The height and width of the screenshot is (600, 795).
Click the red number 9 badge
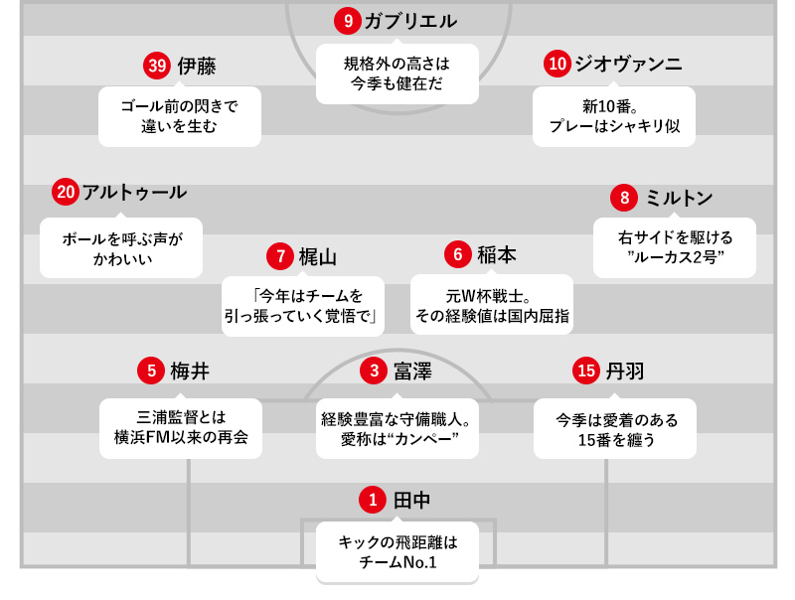pos(347,21)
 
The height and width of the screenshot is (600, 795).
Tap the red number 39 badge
pos(157,67)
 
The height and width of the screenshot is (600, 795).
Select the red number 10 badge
pos(557,64)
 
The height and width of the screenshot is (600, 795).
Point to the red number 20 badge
pos(66,193)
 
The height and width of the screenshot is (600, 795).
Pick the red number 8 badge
pos(624,198)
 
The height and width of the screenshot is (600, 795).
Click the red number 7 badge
pos(280,256)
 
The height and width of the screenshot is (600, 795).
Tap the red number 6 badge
pos(458,254)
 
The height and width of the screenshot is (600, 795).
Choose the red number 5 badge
pos(151,371)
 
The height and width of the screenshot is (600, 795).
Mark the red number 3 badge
pos(374,371)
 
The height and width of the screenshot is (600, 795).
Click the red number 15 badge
pos(586,371)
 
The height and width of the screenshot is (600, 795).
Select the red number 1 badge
pos(374,500)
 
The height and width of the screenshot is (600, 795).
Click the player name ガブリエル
pos(410,21)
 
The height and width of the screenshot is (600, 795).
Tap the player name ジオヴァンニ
pos(628,64)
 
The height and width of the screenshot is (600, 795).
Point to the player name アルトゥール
pos(134,193)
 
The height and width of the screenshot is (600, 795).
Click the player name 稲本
pos(496,254)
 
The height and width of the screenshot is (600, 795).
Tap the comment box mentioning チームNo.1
pos(397,552)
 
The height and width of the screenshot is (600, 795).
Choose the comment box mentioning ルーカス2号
pos(675,247)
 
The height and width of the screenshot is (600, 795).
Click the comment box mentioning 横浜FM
pos(181,428)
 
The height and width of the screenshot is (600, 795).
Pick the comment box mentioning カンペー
pos(397,428)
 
